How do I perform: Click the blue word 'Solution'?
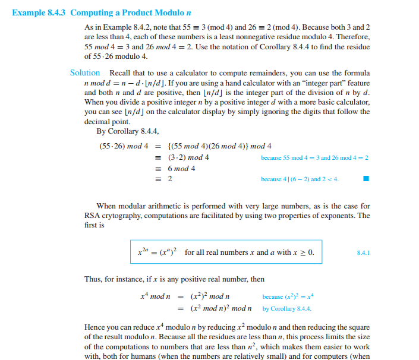pyautogui.click(x=85, y=72)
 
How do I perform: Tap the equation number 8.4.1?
pyautogui.click(x=363, y=252)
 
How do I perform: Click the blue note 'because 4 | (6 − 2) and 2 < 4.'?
pyautogui.click(x=300, y=179)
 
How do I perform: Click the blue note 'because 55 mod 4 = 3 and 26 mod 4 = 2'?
pyautogui.click(x=314, y=157)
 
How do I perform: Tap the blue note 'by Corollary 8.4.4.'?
pyautogui.click(x=287, y=308)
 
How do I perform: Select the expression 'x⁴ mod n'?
pyautogui.click(x=156, y=296)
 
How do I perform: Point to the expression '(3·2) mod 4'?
pyautogui.click(x=188, y=157)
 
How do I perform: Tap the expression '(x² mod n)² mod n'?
pyautogui.click(x=221, y=308)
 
